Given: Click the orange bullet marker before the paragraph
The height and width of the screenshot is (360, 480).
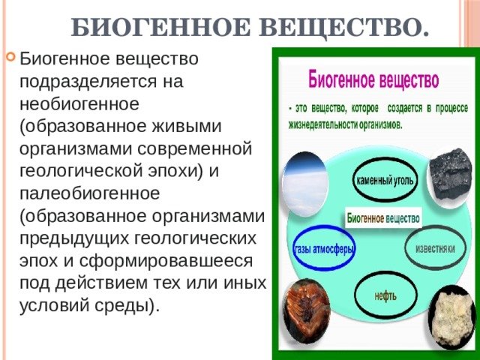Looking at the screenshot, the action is [x=10, y=57].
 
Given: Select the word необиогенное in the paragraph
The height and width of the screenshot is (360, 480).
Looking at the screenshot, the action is [x=79, y=104].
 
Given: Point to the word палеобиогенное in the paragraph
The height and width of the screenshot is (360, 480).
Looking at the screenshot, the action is [x=90, y=193].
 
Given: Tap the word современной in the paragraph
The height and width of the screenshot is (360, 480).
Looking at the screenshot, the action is [x=195, y=148].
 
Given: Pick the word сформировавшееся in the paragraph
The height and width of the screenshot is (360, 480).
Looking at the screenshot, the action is [x=166, y=261].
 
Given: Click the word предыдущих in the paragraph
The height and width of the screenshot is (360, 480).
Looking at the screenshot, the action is [x=74, y=238].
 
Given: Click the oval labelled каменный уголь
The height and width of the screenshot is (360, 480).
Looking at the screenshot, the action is [x=385, y=181].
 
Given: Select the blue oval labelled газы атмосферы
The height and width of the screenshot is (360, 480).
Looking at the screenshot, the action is [x=325, y=250].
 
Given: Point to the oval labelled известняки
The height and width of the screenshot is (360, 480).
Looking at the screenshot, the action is [x=435, y=248].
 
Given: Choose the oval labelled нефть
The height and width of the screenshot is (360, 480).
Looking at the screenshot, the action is [x=385, y=295].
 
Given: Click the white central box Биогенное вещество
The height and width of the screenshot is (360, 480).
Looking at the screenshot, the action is [x=383, y=218].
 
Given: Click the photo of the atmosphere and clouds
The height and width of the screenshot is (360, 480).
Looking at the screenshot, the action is [x=305, y=184].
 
